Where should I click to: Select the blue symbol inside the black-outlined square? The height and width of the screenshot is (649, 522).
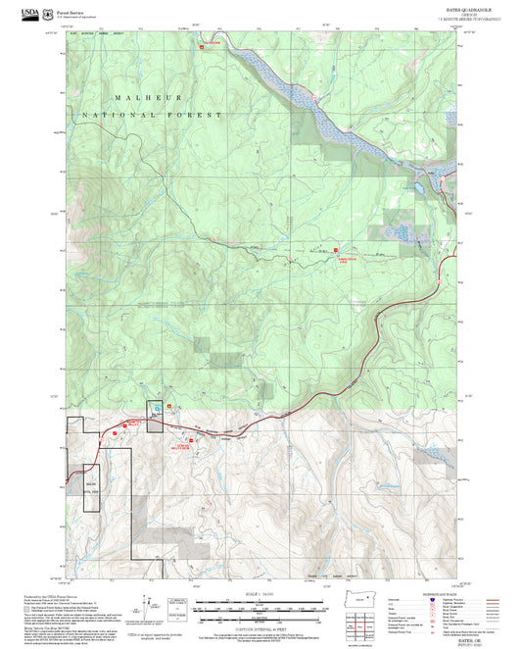point(155,408)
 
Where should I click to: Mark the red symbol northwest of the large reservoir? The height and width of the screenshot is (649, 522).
point(207,44)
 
